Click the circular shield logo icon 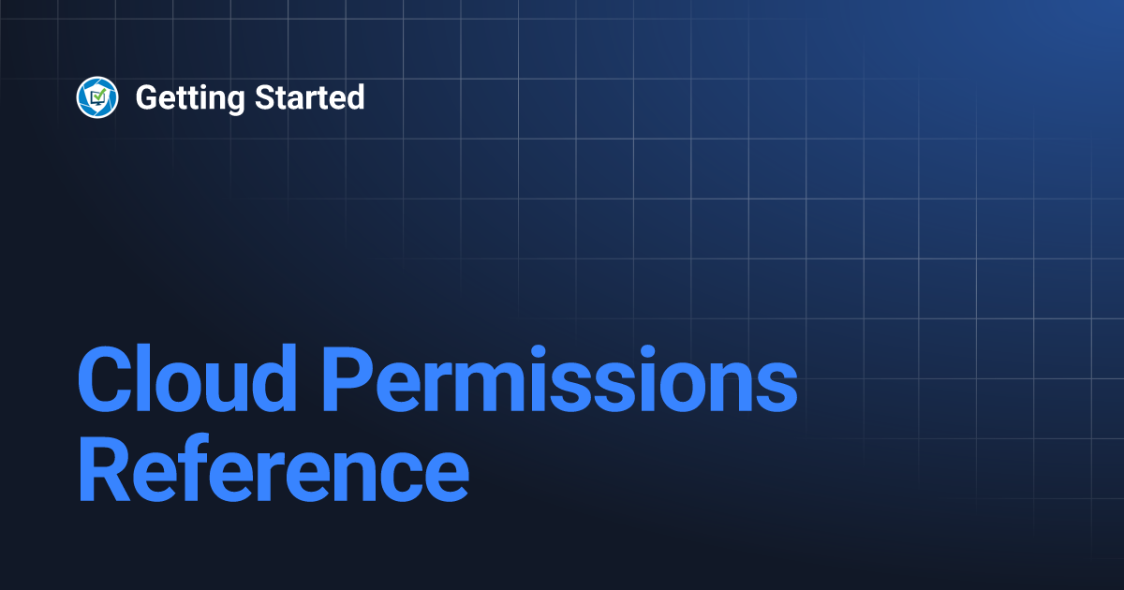point(97,97)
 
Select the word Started point(309,97)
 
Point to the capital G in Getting point(147,97)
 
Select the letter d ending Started point(354,97)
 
